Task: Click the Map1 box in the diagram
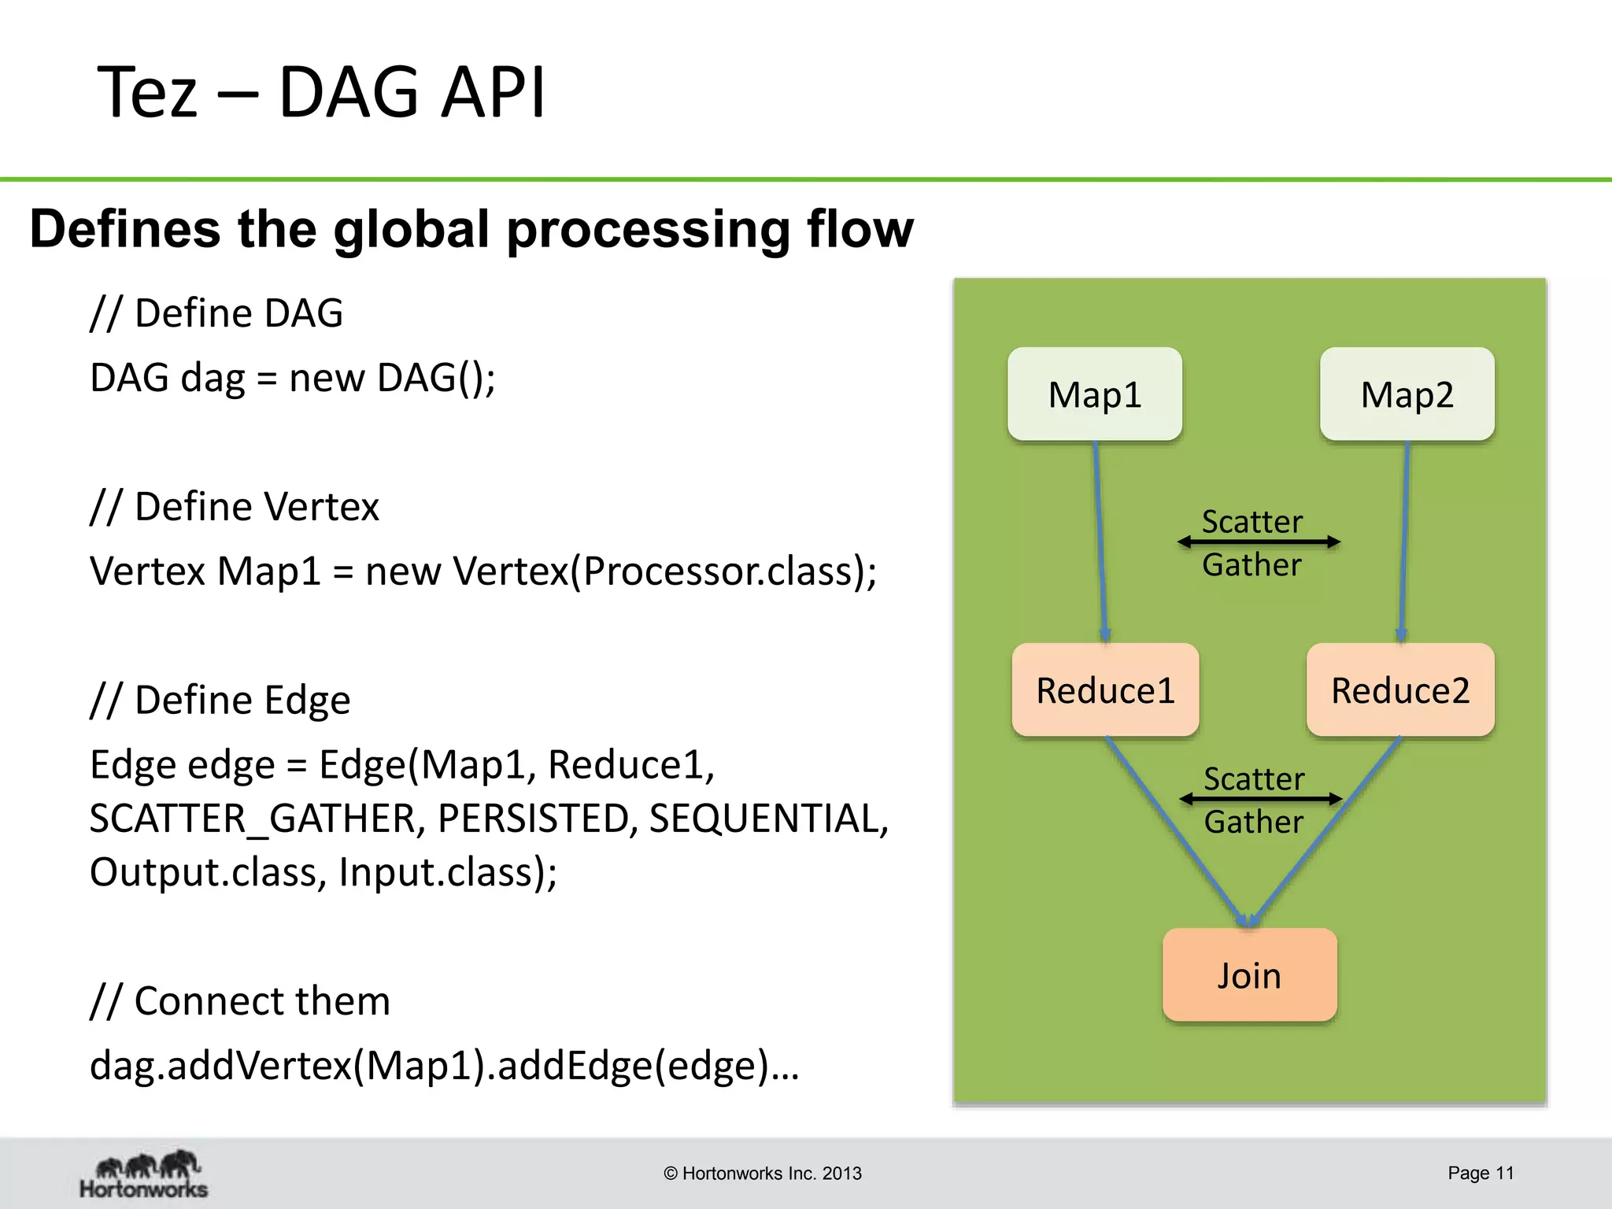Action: click(1094, 394)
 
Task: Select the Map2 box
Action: click(1407, 394)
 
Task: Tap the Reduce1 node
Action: click(1105, 690)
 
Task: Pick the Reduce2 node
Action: click(1400, 690)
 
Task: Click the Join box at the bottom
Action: click(1249, 974)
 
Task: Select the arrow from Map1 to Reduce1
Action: click(1100, 543)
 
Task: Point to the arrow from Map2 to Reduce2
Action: click(1404, 543)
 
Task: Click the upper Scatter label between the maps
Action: click(1252, 521)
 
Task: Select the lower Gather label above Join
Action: click(1253, 822)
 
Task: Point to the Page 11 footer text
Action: click(1480, 1173)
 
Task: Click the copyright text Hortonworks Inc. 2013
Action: click(762, 1173)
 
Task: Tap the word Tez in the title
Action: click(146, 93)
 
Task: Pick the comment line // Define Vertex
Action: click(235, 506)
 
